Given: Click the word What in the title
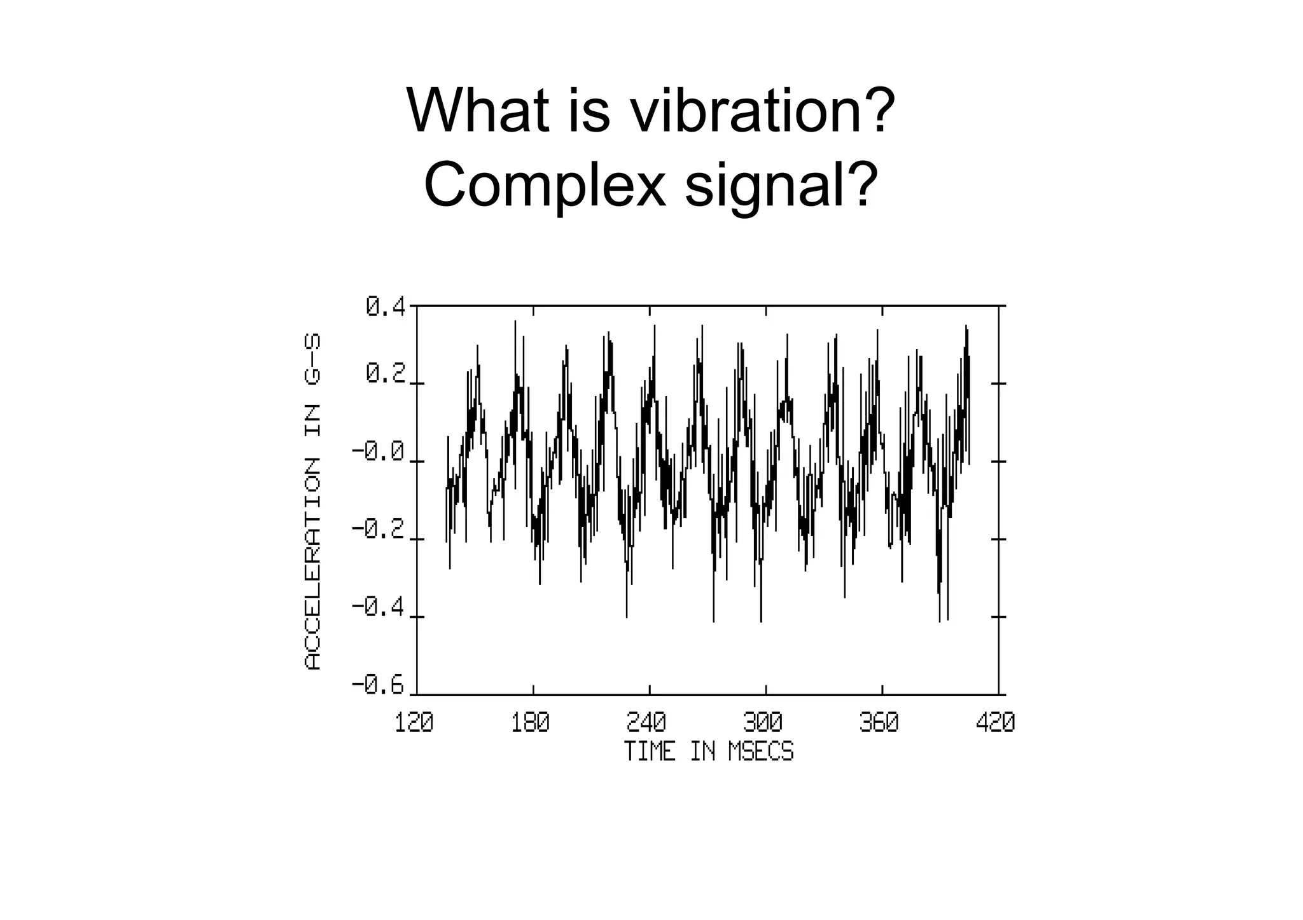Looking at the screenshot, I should tap(478, 111).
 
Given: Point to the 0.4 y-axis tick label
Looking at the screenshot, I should tap(386, 308).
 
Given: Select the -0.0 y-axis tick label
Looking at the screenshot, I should tap(379, 452).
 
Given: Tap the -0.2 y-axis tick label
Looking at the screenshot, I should tap(379, 530).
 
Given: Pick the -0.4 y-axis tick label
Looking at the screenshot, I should tap(379, 608).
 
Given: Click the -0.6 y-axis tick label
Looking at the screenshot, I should tap(379, 685).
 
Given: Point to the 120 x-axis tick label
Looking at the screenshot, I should tap(414, 723).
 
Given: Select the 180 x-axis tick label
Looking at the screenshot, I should tap(531, 723).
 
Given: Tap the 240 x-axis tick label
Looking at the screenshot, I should tap(647, 723).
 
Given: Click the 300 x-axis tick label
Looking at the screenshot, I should tap(763, 723).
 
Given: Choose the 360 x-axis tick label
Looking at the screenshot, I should tap(879, 723).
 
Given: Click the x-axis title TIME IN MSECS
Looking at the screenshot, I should tap(709, 752).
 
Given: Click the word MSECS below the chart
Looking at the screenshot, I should tap(761, 752).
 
